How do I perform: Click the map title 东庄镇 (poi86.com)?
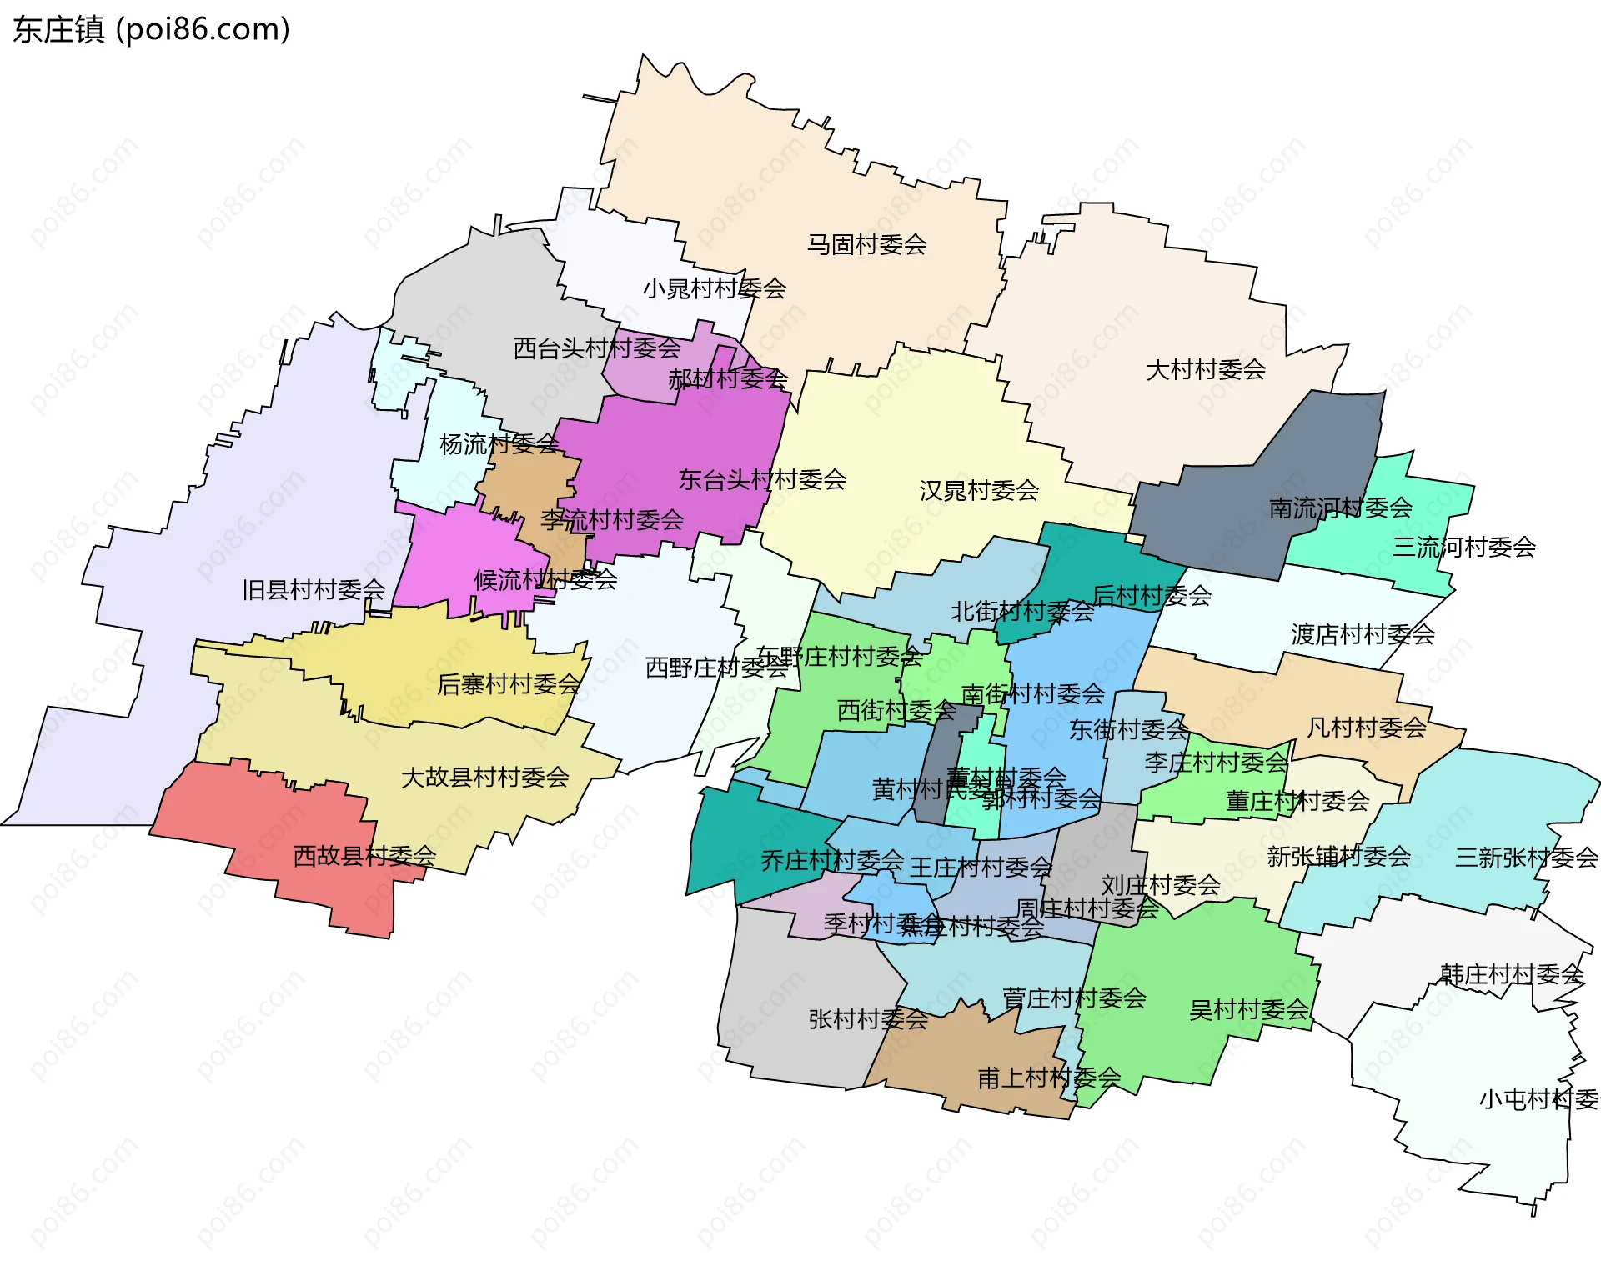coord(151,29)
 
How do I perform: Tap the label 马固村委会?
coord(866,244)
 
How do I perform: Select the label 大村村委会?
coord(1206,369)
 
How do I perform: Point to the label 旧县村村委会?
coord(314,589)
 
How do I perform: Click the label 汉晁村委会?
coord(979,490)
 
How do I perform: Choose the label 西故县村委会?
coord(364,855)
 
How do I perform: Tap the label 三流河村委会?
coord(1464,547)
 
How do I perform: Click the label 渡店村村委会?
coord(1363,634)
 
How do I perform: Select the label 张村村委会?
coord(868,1018)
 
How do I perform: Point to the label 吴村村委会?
coord(1248,1009)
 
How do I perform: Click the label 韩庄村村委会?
coord(1511,973)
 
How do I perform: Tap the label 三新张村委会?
coord(1526,857)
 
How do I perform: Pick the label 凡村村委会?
coord(1366,728)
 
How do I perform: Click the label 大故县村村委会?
coord(484,777)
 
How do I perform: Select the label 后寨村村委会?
coord(508,684)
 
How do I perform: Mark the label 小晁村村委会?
coord(714,288)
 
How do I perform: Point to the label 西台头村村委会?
coord(596,348)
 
